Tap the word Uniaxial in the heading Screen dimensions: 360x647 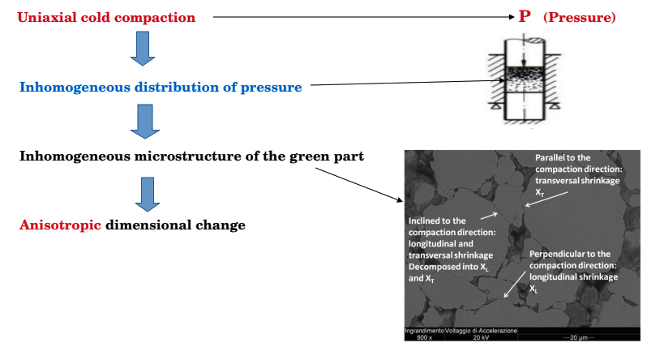coord(48,16)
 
